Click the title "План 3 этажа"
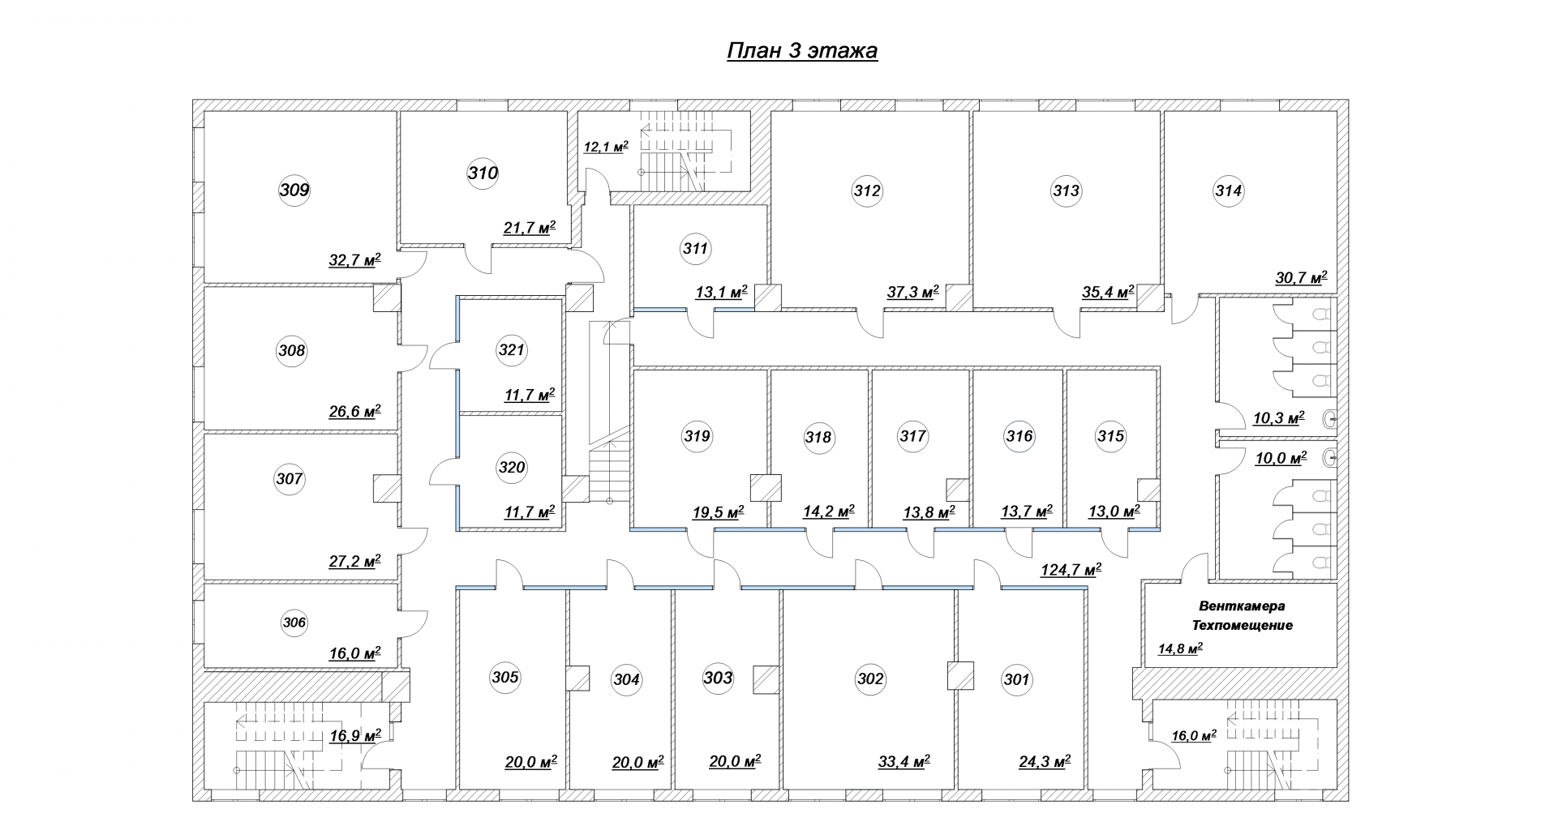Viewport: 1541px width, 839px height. (x=801, y=51)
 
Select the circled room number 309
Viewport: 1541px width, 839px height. (x=294, y=190)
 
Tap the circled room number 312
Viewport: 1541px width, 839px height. (x=867, y=191)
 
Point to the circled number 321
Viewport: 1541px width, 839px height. (x=512, y=350)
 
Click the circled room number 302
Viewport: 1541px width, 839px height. (x=870, y=678)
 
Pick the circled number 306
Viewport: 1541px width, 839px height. (x=294, y=623)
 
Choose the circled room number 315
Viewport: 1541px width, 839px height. (x=1111, y=436)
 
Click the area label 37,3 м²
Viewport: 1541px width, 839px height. (x=912, y=292)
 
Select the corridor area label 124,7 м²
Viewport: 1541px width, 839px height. (x=1071, y=569)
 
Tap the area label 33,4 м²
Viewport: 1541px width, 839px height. (x=904, y=761)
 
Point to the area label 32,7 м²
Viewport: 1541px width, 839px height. (x=354, y=260)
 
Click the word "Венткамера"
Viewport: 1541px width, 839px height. (x=1242, y=606)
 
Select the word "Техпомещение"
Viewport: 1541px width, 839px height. (x=1242, y=625)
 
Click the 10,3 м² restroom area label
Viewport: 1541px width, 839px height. (x=1279, y=418)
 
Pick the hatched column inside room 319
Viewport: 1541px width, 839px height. (x=766, y=488)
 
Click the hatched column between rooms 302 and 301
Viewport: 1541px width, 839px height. (x=961, y=676)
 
